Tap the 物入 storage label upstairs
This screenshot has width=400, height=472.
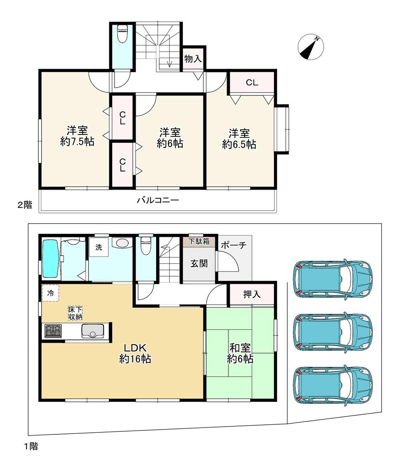tap(193, 59)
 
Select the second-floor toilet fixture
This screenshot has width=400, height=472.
tap(122, 33)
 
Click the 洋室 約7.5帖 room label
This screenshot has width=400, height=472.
tap(77, 137)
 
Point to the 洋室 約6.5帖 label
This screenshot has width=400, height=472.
tap(239, 139)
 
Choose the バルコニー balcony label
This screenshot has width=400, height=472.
tap(158, 200)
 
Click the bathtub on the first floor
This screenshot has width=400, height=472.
tap(50, 259)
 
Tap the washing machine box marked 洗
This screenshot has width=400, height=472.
tap(98, 247)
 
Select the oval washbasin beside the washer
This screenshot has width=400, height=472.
tap(122, 243)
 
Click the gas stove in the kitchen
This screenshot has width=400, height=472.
tap(53, 331)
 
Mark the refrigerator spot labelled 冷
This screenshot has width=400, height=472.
tap(50, 293)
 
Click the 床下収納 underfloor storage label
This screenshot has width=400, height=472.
tap(75, 313)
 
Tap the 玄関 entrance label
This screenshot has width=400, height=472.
tap(199, 264)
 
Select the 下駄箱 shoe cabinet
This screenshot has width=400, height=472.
tap(199, 241)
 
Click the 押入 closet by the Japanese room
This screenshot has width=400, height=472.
tap(252, 294)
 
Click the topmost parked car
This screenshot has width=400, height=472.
tap(333, 278)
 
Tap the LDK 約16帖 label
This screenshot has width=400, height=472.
tap(135, 353)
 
